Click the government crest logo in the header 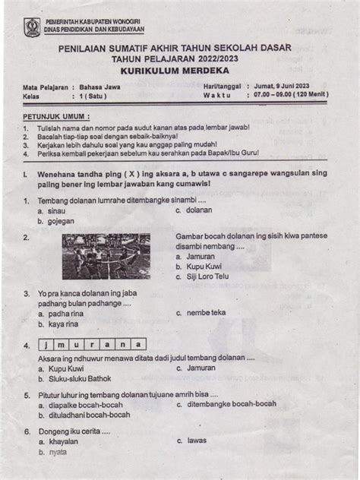(33, 28)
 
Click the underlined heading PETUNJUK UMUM (55, 118)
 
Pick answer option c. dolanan (194, 210)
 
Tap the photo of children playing (106, 256)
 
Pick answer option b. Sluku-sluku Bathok (74, 378)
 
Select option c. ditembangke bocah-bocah (226, 404)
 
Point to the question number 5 (27, 395)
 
